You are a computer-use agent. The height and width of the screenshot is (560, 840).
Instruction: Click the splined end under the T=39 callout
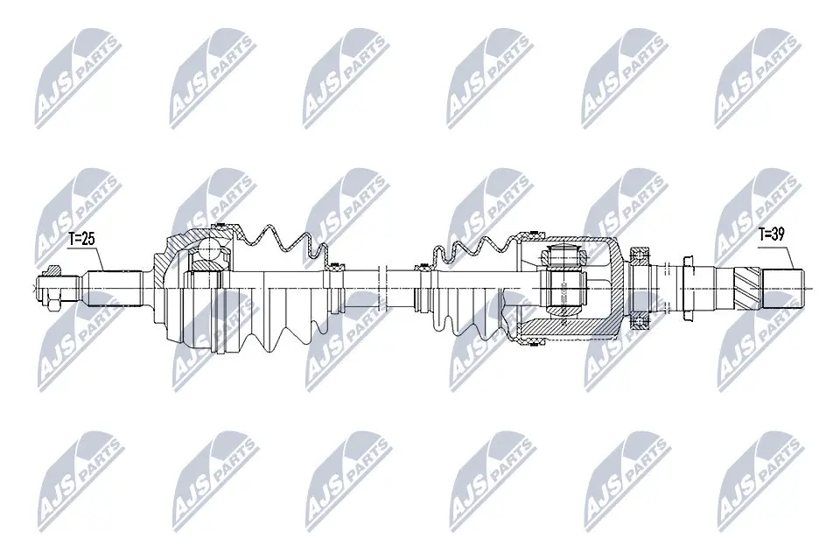784,288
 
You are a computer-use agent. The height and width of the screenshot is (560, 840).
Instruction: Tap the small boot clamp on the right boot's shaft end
424,285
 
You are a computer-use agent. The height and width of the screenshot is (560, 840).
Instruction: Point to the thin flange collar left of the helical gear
688,285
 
